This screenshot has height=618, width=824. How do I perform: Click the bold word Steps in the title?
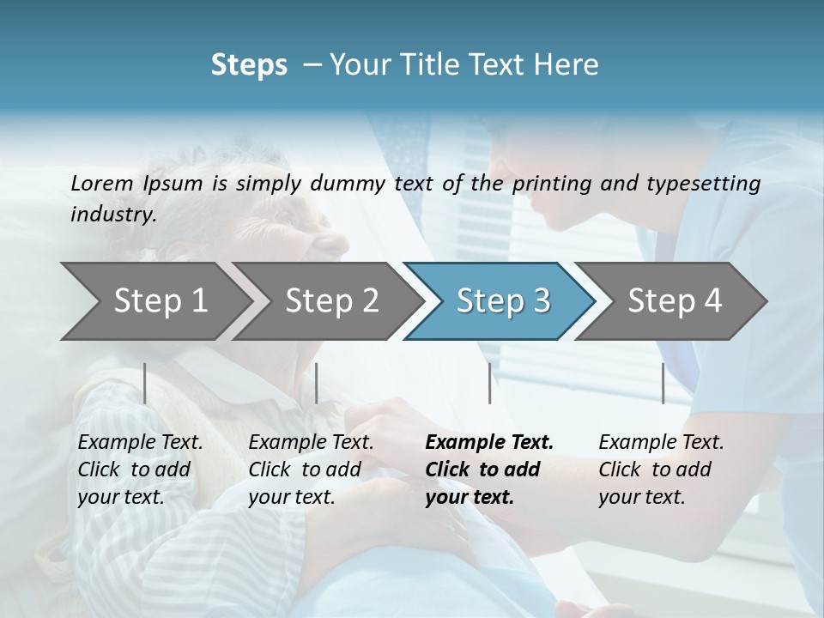[249, 65]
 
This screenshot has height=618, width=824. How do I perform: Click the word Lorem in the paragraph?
[100, 183]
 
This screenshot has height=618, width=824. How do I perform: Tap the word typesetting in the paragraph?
[708, 183]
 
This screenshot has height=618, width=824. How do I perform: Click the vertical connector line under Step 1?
[145, 383]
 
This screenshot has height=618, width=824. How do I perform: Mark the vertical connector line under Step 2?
[317, 383]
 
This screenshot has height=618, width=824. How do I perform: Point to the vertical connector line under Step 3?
[489, 383]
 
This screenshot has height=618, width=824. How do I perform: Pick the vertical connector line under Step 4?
[663, 383]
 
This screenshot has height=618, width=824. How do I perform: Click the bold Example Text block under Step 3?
[488, 470]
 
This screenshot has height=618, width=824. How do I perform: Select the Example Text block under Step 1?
[140, 470]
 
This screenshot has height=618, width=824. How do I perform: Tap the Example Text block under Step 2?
[311, 470]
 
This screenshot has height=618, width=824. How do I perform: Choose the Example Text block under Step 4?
[661, 470]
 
